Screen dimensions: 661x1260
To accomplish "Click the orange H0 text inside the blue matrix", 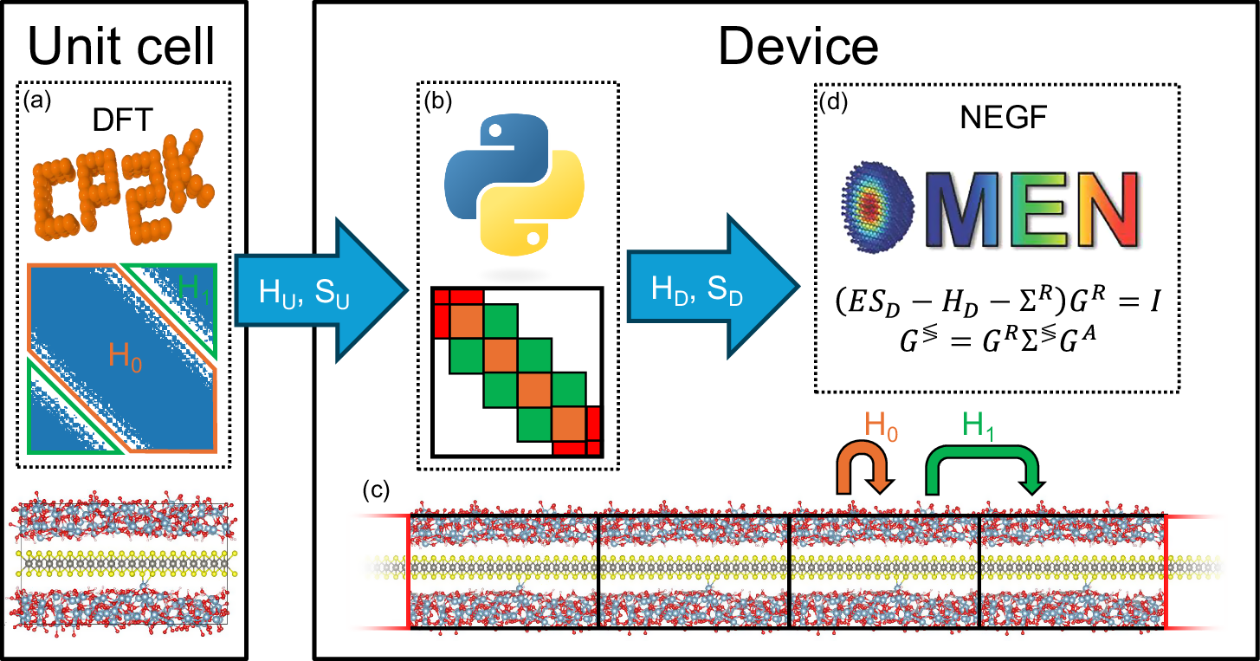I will tap(126, 356).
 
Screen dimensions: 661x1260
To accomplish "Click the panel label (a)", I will tap(38, 100).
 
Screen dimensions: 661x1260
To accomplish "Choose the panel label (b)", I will tap(436, 100).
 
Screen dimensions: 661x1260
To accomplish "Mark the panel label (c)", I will tap(376, 489).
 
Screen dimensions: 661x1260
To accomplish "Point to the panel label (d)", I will tap(832, 100).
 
